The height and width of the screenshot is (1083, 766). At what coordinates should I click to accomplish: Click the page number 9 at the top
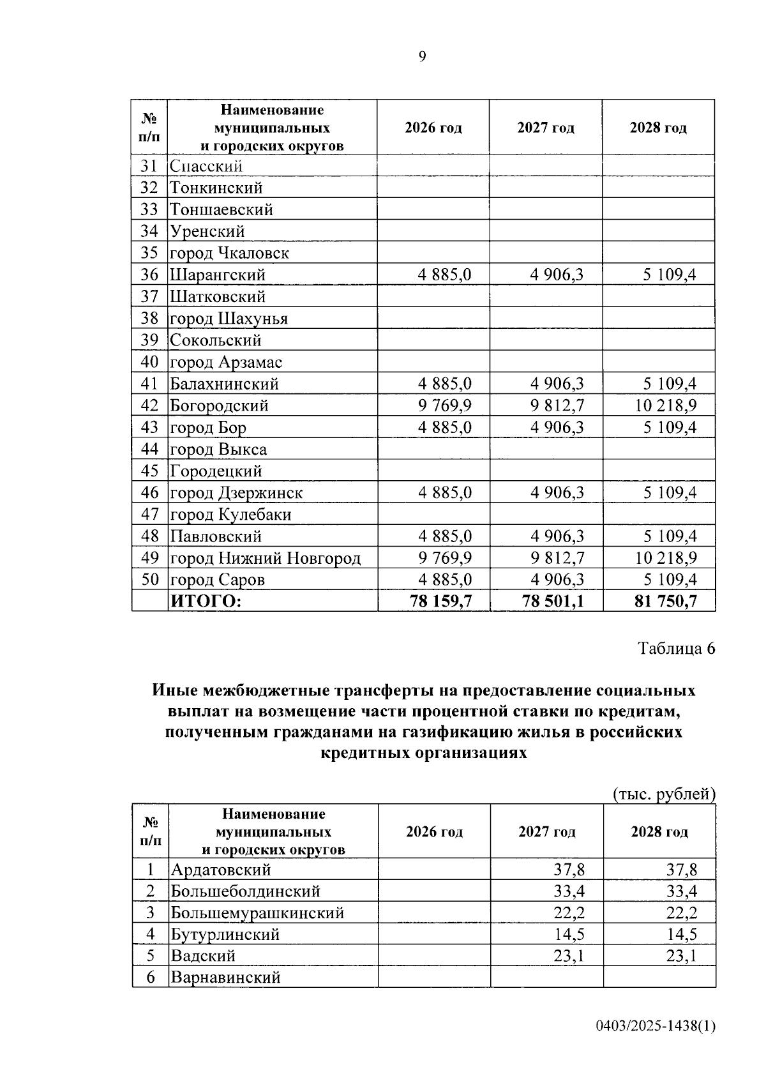pos(422,57)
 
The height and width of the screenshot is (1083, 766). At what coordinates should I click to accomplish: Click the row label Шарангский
pos(217,275)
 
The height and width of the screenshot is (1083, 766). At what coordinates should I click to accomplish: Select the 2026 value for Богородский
pos(445,405)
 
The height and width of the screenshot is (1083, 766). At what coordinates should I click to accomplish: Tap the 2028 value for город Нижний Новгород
pos(666,558)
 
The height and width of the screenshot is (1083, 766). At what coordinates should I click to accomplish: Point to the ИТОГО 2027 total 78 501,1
pos(553,601)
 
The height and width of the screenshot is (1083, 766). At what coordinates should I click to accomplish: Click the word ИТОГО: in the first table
pos(206,601)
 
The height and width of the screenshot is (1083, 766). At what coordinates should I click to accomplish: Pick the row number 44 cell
pos(149,449)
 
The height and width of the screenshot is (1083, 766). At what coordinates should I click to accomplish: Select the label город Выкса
pos(218,450)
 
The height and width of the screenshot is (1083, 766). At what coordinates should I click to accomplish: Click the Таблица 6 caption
pos(677,649)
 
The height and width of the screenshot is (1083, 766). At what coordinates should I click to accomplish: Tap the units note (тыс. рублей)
pos(664,794)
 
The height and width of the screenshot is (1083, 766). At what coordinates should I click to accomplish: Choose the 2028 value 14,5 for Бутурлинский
pos(682,935)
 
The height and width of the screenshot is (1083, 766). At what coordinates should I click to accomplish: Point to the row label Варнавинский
pos(225,978)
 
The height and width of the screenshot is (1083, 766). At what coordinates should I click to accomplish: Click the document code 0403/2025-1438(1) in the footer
pos(656,1026)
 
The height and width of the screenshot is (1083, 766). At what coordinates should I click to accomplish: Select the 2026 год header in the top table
pos(433,128)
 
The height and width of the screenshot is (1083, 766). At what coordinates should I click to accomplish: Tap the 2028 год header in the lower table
pos(659,832)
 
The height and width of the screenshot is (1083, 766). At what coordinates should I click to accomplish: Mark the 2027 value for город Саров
pos(557,580)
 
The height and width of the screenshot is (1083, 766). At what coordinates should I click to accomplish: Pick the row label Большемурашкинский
pos(257,913)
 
